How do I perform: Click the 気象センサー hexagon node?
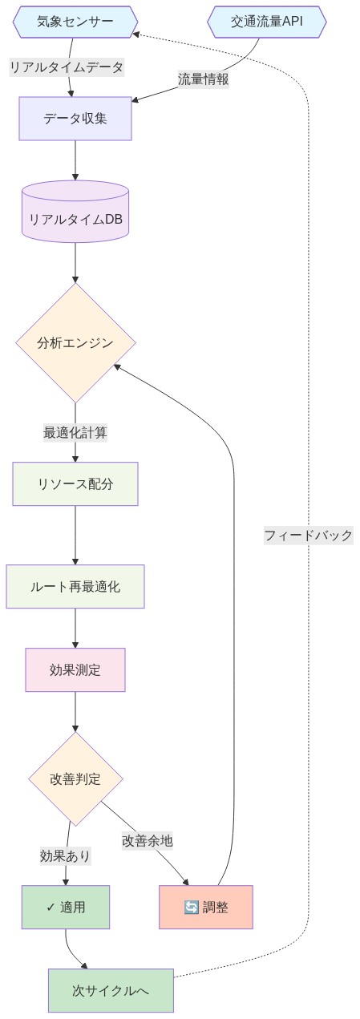tap(75, 22)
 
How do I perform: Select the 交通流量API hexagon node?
tap(267, 22)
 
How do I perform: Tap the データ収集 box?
tap(75, 119)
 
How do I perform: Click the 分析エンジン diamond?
tap(75, 343)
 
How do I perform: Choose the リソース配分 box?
tap(75, 483)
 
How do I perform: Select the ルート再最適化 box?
tap(75, 587)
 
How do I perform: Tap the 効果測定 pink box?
tap(75, 669)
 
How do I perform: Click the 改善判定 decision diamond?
tap(75, 778)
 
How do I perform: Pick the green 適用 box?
tap(66, 907)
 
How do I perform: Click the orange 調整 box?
tap(206, 907)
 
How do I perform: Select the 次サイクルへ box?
tap(111, 990)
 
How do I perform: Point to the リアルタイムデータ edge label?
tap(67, 67)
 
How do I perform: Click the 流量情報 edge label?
tap(204, 79)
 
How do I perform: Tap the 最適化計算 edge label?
tap(75, 433)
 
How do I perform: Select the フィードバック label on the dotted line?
tap(309, 535)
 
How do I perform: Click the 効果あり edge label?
tap(66, 856)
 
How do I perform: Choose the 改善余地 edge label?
tap(148, 840)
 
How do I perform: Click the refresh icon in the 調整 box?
tap(191, 908)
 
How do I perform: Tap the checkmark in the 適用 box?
tap(51, 908)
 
